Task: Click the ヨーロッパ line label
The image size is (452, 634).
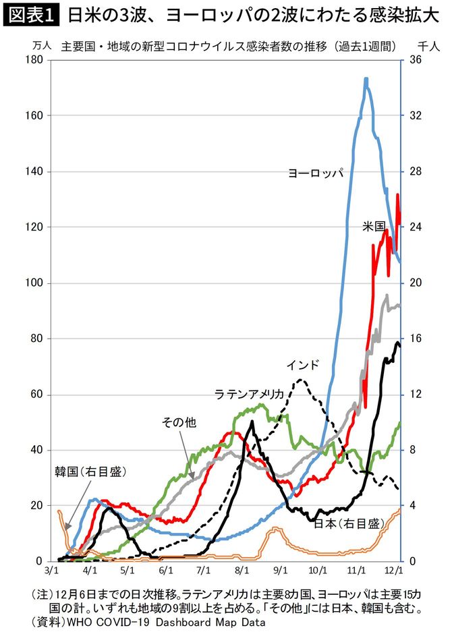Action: point(316,173)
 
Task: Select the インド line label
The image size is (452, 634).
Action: point(302,365)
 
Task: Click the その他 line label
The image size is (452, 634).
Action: point(179,423)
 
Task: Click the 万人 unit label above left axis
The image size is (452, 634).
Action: point(41,46)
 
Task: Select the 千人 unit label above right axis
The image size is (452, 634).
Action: point(426,46)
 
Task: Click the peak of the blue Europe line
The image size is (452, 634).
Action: point(366,79)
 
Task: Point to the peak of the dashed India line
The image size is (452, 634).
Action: point(300,380)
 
